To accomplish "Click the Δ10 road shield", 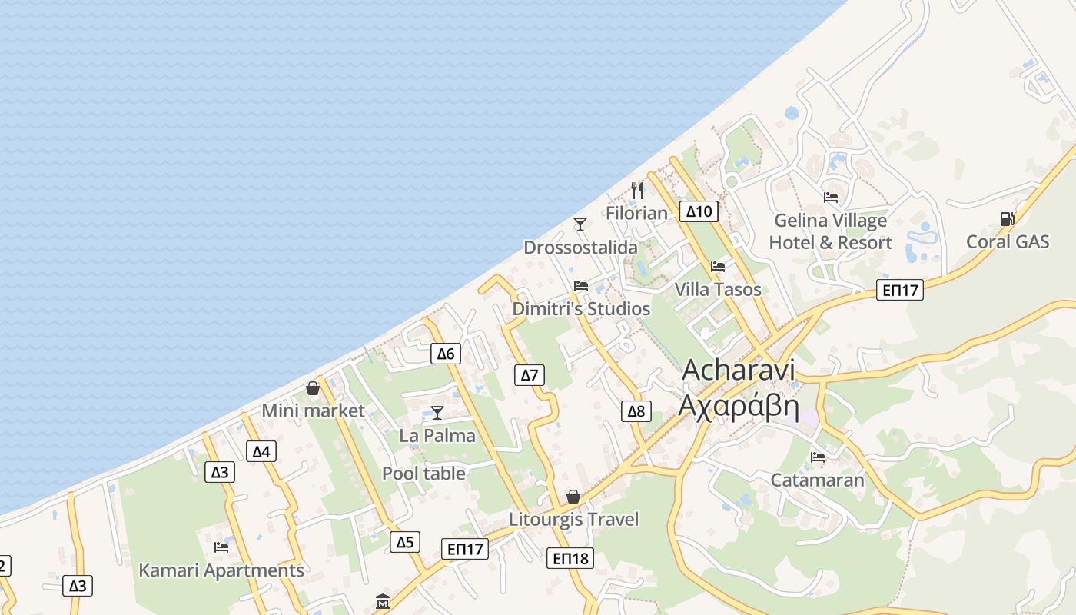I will click(x=699, y=211).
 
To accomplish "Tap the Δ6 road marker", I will click(x=446, y=354).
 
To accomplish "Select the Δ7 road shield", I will click(x=529, y=375).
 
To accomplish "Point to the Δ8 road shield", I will click(x=636, y=411).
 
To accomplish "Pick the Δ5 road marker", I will click(x=405, y=542).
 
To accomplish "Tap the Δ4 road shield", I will click(x=261, y=451).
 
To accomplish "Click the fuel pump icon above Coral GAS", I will click(x=1007, y=219).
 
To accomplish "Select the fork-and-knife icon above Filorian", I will click(x=636, y=190).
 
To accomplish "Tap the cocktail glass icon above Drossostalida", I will click(x=580, y=224).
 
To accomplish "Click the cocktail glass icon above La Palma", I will click(x=437, y=413).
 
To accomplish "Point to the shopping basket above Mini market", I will click(x=313, y=388).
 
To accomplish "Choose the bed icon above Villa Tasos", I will click(x=718, y=267).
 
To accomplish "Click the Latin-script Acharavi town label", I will click(x=738, y=370).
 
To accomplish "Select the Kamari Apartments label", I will click(x=221, y=570).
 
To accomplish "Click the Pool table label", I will click(x=423, y=474).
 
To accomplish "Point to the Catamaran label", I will click(x=817, y=480).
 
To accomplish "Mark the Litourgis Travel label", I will click(x=573, y=520).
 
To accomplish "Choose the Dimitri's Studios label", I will click(x=581, y=309).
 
